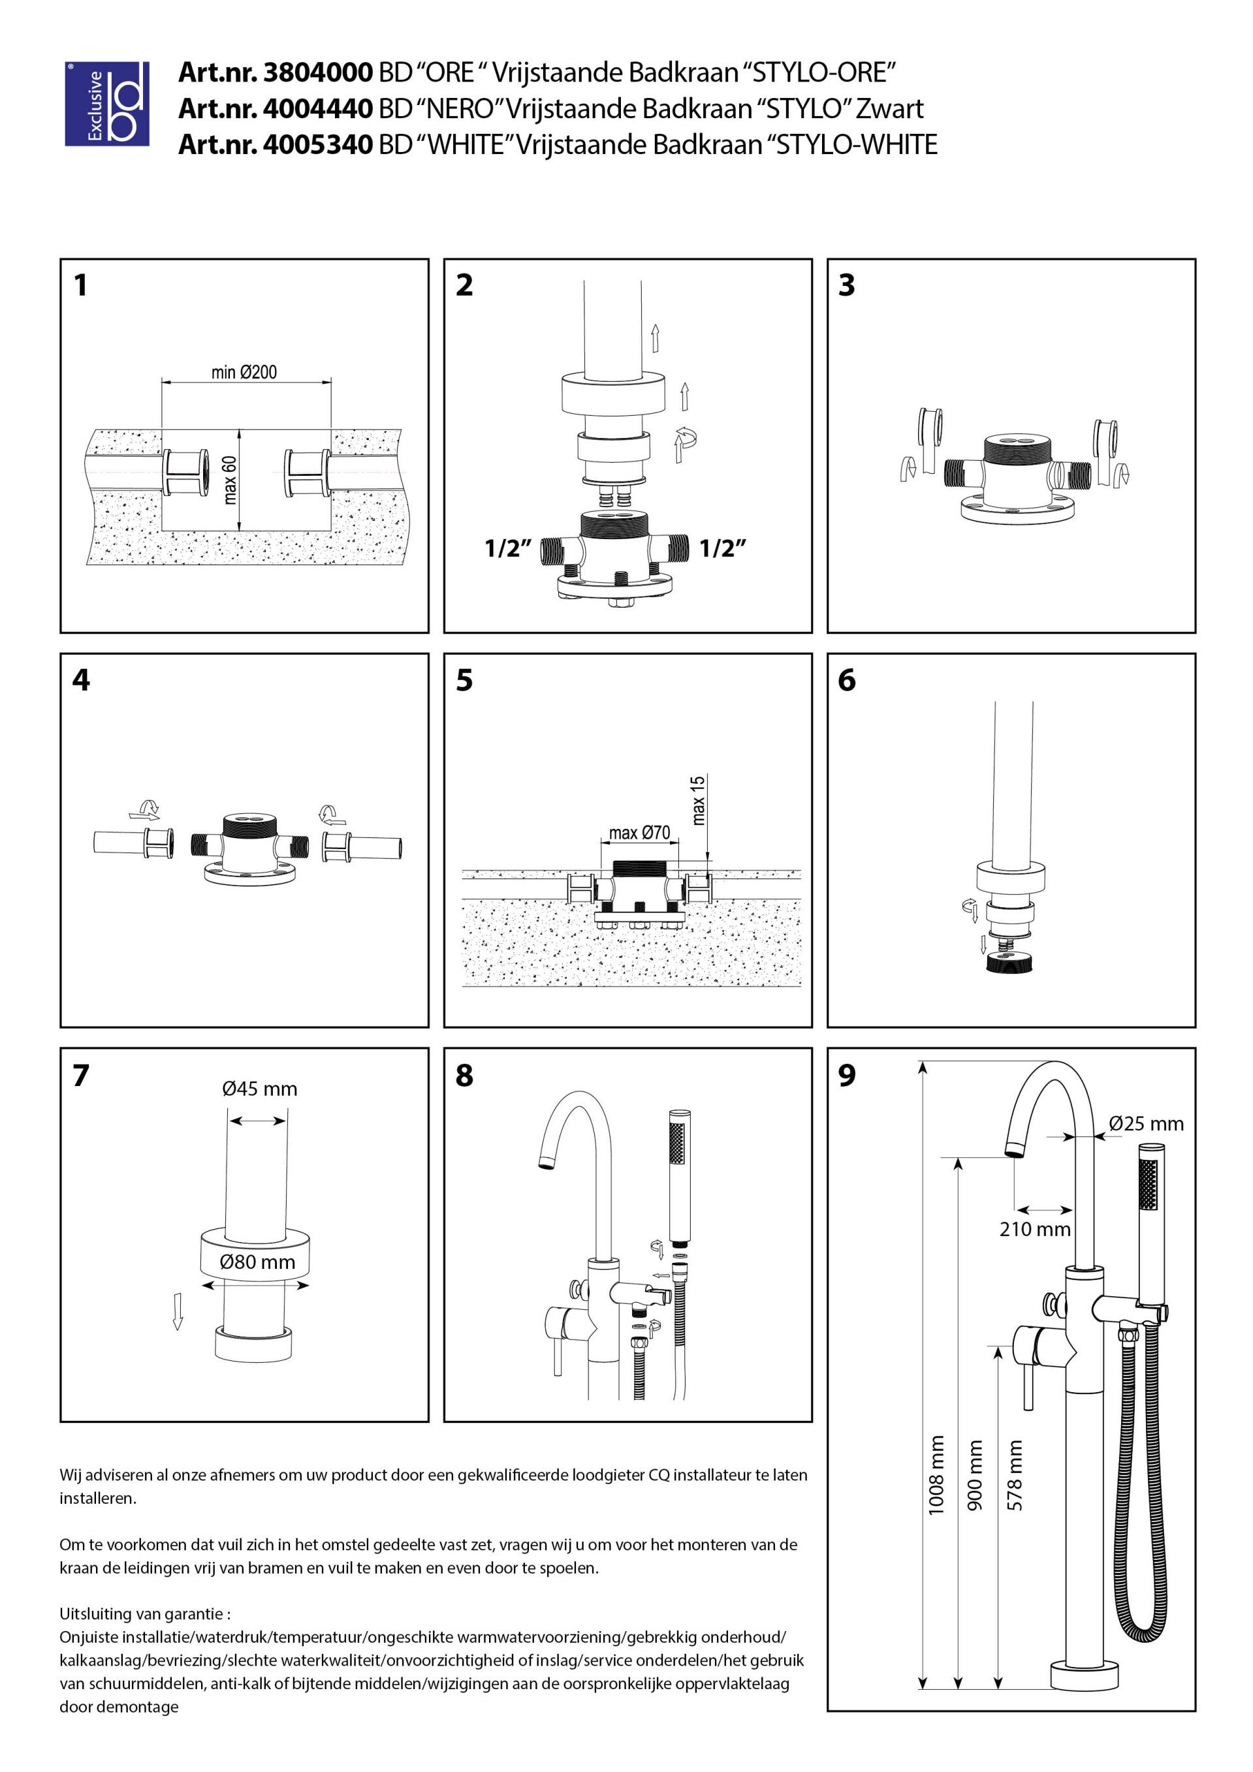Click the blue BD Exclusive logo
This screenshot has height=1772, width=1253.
point(106,104)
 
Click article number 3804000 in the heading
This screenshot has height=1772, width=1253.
point(318,72)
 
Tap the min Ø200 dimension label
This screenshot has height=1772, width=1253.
point(244,372)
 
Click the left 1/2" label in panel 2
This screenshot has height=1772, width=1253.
point(507,549)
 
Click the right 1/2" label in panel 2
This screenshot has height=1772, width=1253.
point(723,549)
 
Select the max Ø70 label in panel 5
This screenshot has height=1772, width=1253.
point(639,833)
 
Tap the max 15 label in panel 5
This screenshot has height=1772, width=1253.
point(698,800)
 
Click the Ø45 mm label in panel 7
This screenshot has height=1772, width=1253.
point(259,1089)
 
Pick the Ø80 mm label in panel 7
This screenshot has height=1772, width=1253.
point(257,1262)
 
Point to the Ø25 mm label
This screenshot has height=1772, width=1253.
point(1146,1124)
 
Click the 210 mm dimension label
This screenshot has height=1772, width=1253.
point(1034,1230)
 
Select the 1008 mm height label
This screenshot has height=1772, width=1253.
point(936,1474)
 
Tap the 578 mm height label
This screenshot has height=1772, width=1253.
point(1015,1474)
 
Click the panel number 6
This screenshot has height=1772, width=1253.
point(847,680)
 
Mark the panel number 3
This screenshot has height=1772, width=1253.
point(847,285)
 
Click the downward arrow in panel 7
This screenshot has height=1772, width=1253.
point(178,1311)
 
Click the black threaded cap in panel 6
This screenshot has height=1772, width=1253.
point(1011,963)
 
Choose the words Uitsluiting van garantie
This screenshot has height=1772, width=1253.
point(144,1614)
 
